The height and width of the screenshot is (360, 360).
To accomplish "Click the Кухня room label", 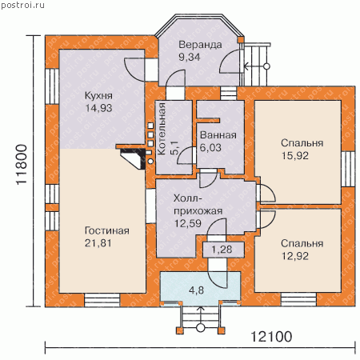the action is click(x=98, y=95).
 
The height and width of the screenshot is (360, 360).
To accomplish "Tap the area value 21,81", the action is click(x=98, y=243).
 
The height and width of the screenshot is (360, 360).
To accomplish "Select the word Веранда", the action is click(x=200, y=45).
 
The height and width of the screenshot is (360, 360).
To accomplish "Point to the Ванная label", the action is click(x=218, y=135).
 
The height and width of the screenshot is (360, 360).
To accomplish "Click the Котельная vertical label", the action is click(x=162, y=129).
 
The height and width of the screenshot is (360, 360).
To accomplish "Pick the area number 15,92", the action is click(x=295, y=156).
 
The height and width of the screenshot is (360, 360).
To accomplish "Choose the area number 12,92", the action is click(x=295, y=256).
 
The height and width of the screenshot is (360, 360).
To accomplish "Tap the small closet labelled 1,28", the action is click(x=223, y=250).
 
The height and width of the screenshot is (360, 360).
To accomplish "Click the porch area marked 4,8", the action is click(x=196, y=290).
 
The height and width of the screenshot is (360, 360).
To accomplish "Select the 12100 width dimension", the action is click(x=271, y=337).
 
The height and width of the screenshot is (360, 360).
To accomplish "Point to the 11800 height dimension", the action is click(x=22, y=165).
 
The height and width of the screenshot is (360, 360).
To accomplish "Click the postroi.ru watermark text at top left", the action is click(x=23, y=5).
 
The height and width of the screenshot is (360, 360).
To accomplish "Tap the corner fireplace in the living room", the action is click(x=133, y=158).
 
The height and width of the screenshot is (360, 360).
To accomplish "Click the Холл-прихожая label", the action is click(x=198, y=205).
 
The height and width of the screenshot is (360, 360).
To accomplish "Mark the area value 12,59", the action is click(x=188, y=223).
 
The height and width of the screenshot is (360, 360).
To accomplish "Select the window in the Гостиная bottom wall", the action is click(x=102, y=300).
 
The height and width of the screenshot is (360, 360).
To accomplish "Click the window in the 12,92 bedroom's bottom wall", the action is click(x=298, y=299).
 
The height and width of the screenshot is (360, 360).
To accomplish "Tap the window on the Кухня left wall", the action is click(x=52, y=86).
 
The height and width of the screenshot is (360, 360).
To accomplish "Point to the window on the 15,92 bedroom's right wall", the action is click(x=348, y=169).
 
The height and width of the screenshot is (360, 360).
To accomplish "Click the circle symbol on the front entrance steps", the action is click(x=200, y=327).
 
